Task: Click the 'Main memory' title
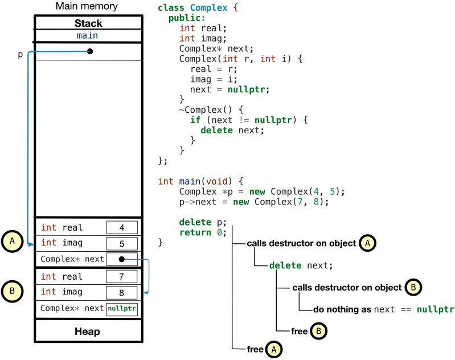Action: coord(87,7)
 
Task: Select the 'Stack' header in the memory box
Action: coord(88,23)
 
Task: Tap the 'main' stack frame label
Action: coord(87,35)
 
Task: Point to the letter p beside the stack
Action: coord(21,55)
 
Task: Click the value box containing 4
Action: coord(122,228)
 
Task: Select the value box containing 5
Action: coord(122,243)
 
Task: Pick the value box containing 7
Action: coord(122,277)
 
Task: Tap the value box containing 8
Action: coord(122,293)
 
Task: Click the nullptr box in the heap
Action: coord(122,309)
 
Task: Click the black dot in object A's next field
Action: coord(122,259)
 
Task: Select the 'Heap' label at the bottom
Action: coord(87,332)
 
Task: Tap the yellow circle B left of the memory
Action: coord(12,291)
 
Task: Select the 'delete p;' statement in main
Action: coord(203,222)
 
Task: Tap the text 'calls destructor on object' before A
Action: coord(301,243)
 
